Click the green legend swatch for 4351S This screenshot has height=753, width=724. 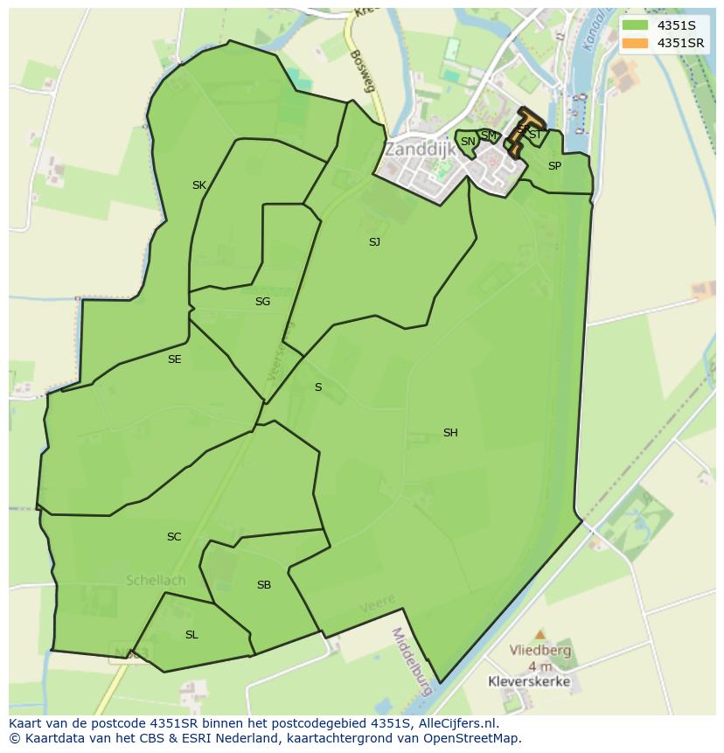point(636,25)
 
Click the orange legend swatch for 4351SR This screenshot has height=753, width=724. point(636,43)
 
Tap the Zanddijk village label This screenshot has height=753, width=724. point(420,150)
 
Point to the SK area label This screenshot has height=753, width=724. point(199,185)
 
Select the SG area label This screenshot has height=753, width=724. point(262,302)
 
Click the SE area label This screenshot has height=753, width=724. point(175,359)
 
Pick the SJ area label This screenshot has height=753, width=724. point(374,242)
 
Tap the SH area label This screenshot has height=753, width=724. point(450,433)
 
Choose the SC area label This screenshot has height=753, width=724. point(174,537)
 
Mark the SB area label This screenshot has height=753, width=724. point(264,585)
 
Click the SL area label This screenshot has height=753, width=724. point(191,635)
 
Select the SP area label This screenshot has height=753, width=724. point(554,166)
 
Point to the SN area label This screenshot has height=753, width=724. point(468,142)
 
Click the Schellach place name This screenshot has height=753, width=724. point(155,580)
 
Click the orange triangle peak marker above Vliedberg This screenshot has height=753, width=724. point(540,633)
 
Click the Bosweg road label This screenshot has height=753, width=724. point(361,70)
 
